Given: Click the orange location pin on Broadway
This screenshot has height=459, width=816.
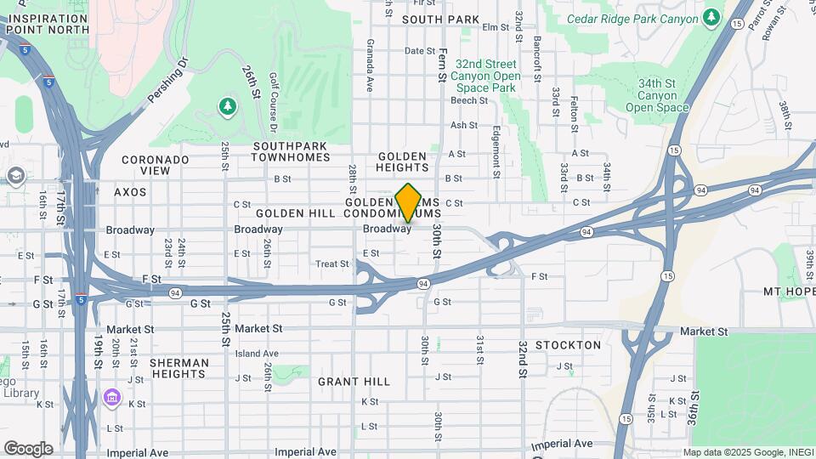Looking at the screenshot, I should pyautogui.click(x=409, y=203).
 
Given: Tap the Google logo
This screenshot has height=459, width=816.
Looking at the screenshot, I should pyautogui.click(x=28, y=448).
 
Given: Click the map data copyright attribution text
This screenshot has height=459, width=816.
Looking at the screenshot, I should pyautogui.click(x=748, y=452).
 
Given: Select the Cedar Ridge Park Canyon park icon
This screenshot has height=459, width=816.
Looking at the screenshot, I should pyautogui.click(x=711, y=18).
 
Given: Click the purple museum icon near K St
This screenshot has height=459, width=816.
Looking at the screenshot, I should pyautogui.click(x=111, y=398).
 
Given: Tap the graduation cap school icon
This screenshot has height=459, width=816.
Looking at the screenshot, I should pyautogui.click(x=14, y=176).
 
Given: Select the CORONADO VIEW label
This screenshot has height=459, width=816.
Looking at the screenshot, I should pyautogui.click(x=155, y=165).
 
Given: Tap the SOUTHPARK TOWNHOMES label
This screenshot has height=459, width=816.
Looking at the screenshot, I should pyautogui.click(x=291, y=151).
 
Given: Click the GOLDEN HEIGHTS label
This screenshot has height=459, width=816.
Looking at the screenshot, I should pyautogui.click(x=403, y=162).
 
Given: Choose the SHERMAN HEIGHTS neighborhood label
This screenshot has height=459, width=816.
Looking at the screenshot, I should pyautogui.click(x=178, y=368).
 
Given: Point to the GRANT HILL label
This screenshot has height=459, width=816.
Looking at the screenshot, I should pyautogui.click(x=354, y=382).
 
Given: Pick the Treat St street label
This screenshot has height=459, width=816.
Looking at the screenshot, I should pyautogui.click(x=332, y=264).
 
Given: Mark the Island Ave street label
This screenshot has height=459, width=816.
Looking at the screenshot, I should pyautogui.click(x=257, y=354).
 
